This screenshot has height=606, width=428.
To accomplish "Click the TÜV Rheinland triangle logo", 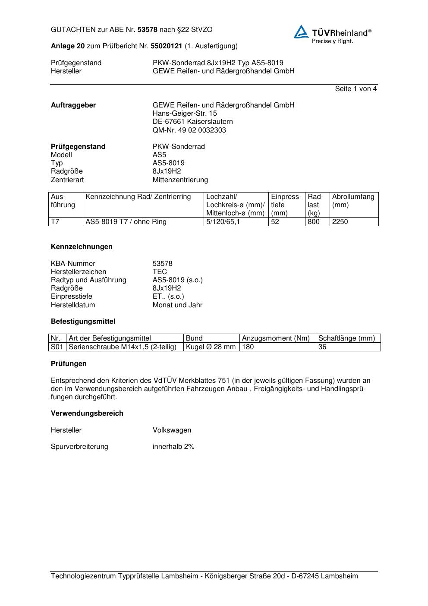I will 301,32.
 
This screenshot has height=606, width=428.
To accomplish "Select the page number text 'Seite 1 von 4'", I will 356,89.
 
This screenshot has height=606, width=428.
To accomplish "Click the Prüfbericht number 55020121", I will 166,46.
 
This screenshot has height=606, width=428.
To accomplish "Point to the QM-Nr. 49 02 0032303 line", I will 189,130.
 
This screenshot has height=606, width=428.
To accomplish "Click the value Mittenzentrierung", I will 180,180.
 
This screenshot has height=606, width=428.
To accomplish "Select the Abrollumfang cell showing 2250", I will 340,222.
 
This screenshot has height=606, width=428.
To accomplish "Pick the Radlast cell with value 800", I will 314,222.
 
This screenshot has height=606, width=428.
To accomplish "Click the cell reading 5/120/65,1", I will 223,222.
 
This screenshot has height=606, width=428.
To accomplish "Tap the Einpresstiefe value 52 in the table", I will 275,222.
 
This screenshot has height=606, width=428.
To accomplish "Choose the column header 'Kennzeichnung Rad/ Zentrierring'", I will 138,197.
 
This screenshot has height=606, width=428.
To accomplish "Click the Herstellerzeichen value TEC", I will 160,272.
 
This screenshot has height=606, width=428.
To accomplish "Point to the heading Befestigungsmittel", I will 83,322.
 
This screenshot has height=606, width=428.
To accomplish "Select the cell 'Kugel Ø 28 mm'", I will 211,347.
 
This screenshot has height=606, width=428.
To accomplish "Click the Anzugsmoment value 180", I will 248,347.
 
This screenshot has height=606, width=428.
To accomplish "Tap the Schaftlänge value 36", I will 322,347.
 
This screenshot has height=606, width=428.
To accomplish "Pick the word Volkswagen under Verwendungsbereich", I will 172,430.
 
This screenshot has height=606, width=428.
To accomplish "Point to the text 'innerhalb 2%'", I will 173,447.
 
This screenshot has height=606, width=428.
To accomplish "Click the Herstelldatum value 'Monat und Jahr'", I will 177,305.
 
